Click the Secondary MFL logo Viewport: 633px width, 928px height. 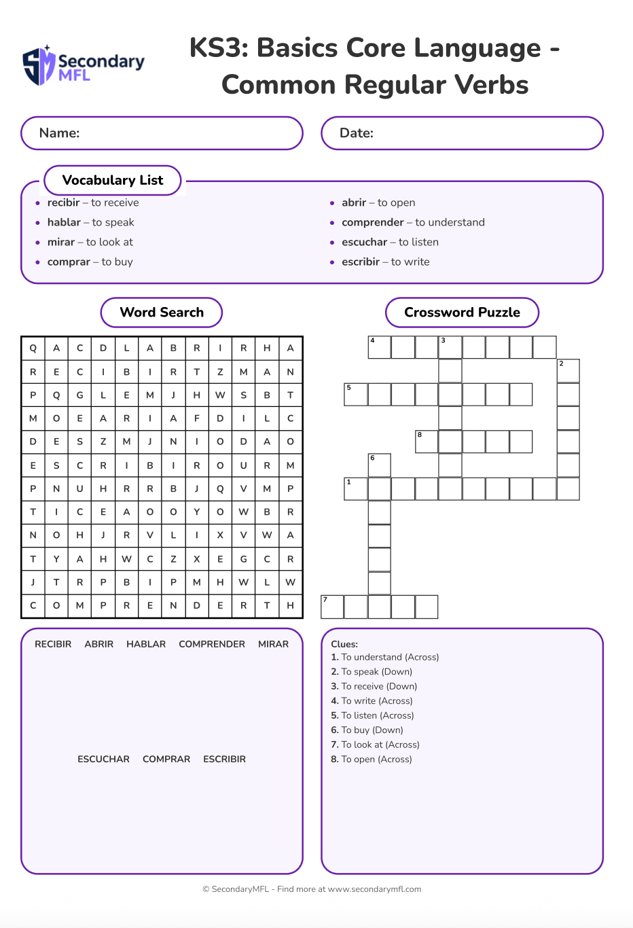[84, 66]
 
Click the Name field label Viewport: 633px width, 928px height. [60, 133]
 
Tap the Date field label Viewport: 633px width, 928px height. [357, 133]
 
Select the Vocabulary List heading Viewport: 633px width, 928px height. [113, 180]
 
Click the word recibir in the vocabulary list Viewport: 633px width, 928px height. [64, 202]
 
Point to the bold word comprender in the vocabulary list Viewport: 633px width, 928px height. [373, 222]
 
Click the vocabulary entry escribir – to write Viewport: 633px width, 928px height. [385, 262]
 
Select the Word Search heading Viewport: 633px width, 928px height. [162, 313]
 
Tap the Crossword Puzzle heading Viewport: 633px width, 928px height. [462, 313]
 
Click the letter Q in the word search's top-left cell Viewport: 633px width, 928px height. [33, 348]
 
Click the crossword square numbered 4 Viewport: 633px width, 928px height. [380, 347]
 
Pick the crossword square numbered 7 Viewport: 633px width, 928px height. [332, 607]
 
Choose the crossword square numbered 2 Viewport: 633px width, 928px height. [568, 371]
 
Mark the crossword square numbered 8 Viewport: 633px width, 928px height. [427, 442]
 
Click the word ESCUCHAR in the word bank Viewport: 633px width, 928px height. [103, 759]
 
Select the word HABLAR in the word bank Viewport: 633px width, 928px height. [146, 644]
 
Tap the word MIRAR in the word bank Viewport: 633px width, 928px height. [273, 644]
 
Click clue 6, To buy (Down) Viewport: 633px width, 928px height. [372, 730]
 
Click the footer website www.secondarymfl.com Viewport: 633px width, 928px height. [374, 889]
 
